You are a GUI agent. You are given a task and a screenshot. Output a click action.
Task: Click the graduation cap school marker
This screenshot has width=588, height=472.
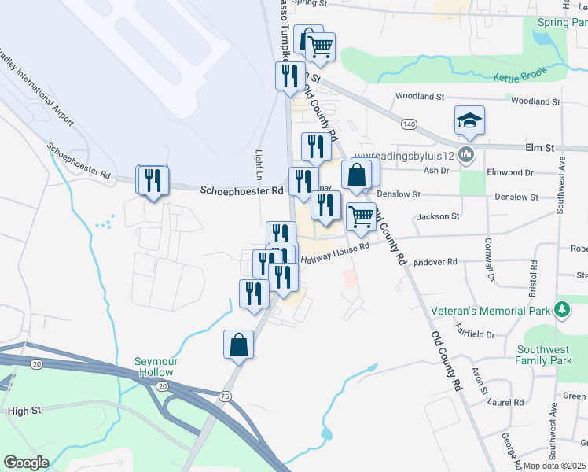coord(469,120)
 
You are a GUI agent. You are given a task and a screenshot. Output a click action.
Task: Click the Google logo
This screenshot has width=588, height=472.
coord(26,463)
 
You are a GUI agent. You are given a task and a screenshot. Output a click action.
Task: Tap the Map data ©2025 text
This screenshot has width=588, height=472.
coord(553,466)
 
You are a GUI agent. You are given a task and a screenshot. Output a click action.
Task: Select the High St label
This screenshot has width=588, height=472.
coord(23,411)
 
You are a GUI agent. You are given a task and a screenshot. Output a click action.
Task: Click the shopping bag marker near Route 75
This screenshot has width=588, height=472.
coord(238,345)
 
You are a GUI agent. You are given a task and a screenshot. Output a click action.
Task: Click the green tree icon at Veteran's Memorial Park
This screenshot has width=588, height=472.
coord(561,308)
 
